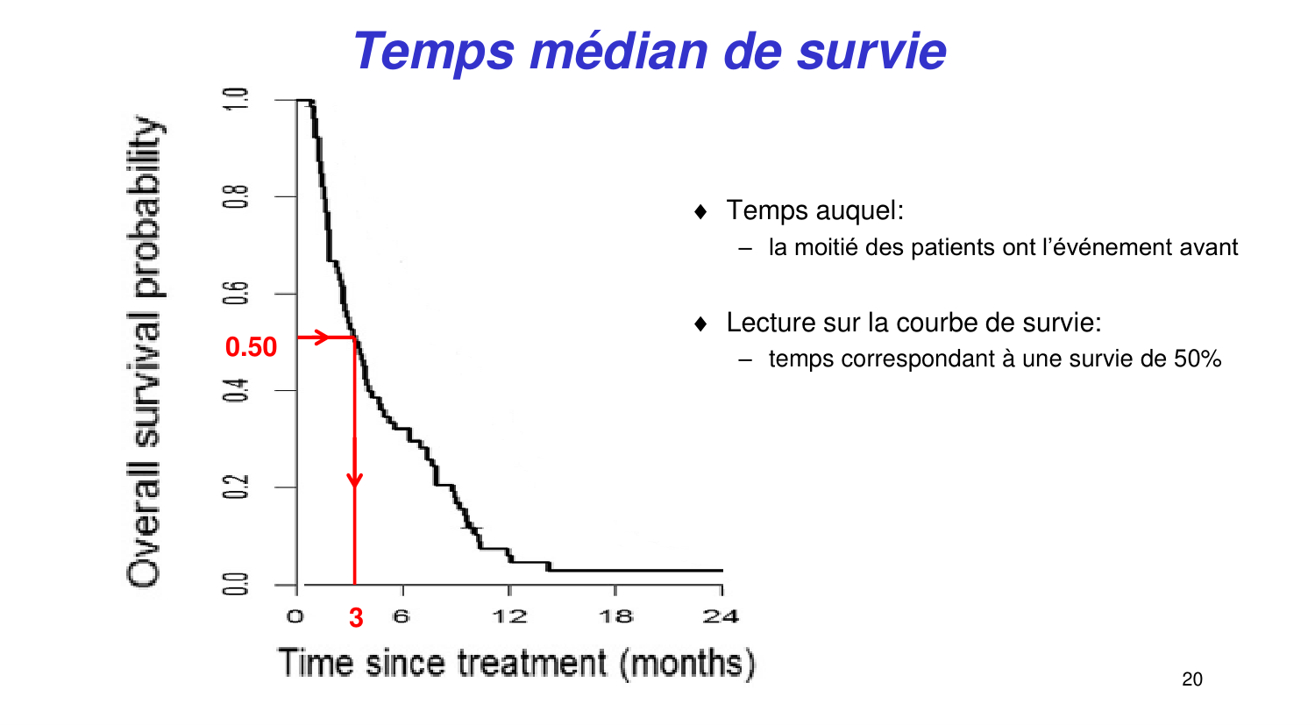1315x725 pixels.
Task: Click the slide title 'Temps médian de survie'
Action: [650, 51]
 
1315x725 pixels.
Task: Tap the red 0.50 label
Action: [251, 347]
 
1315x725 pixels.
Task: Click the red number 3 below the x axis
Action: [356, 618]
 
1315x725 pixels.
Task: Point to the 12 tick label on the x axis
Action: [509, 616]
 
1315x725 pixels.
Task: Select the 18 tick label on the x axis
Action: [615, 616]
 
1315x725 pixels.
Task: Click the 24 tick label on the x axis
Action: [721, 616]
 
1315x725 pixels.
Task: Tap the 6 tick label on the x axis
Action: [402, 616]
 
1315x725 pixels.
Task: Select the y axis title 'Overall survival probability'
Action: [144, 351]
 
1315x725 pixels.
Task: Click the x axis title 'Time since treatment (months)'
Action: [516, 663]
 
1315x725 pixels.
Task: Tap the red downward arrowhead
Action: [354, 480]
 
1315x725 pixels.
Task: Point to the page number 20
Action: [1192, 679]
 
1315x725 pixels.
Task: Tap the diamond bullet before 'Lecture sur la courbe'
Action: [700, 323]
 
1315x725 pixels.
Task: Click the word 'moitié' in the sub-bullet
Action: [827, 248]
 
